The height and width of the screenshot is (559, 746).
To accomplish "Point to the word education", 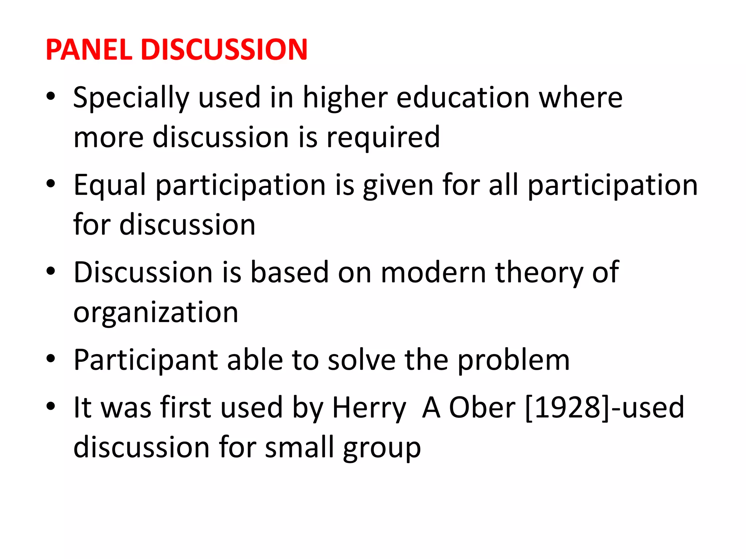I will coord(463,98).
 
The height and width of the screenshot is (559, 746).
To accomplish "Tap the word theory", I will coord(539,272).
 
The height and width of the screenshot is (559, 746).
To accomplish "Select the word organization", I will coord(156,312).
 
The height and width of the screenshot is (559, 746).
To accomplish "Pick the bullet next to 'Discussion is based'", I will coord(51,271).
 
